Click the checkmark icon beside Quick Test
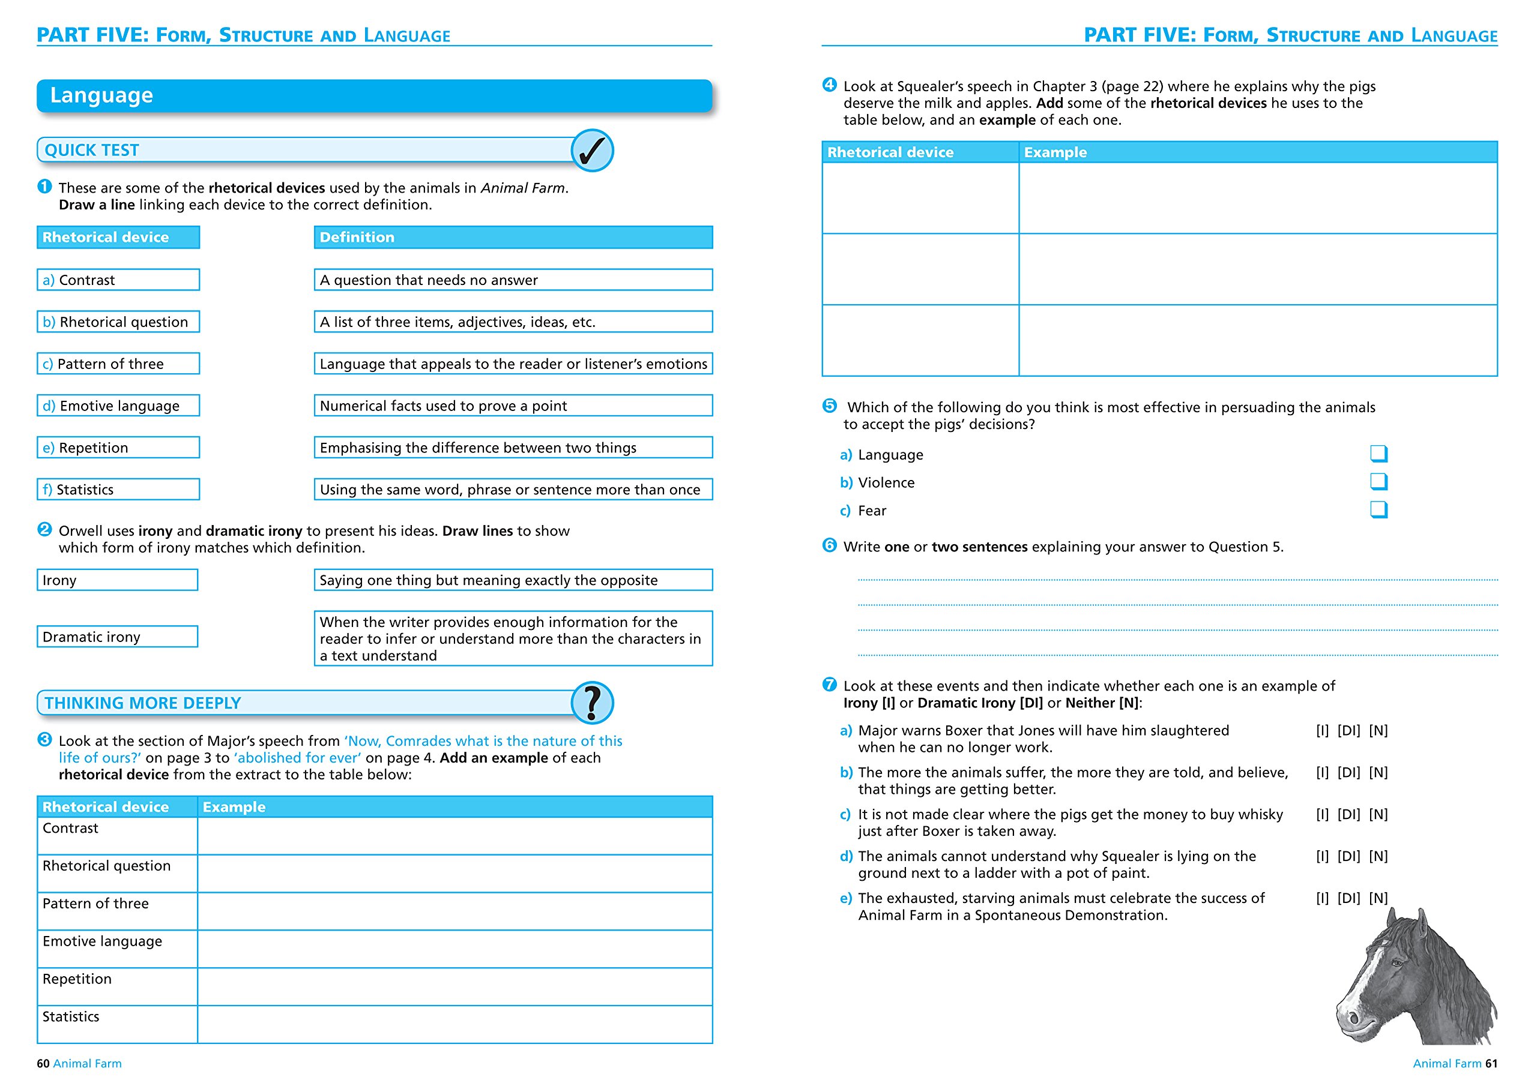tap(591, 150)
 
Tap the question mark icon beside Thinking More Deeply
tap(591, 703)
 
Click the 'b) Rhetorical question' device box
tap(118, 322)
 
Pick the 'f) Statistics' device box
tap(118, 490)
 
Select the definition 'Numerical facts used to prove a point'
tap(513, 406)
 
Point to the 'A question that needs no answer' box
tap(513, 280)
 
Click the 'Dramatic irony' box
tap(117, 637)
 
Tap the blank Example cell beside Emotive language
tap(454, 949)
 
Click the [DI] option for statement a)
tap(1348, 731)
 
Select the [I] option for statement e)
tap(1321, 898)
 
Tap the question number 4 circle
tap(829, 85)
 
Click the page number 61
tap(1491, 1063)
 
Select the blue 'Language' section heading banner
tap(374, 95)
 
